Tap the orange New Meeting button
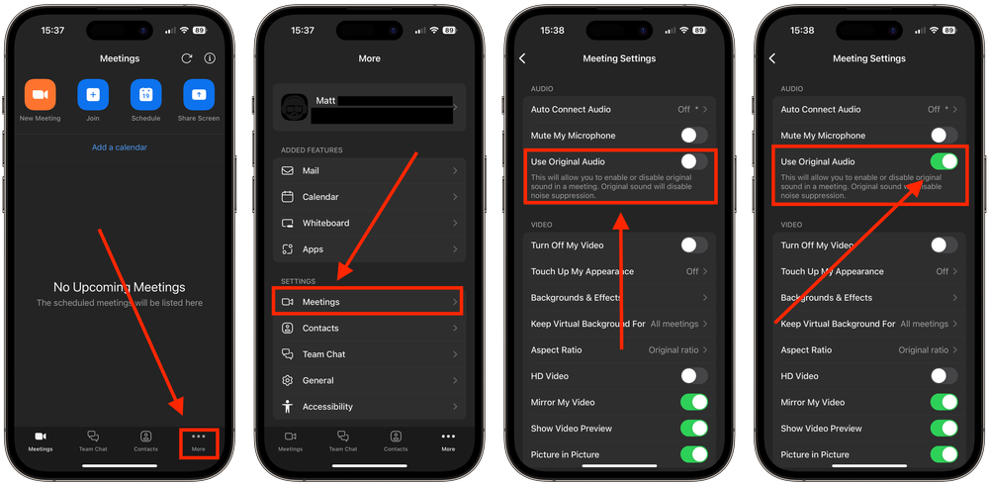tap(41, 95)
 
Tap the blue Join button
tap(93, 95)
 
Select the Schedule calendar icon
tap(145, 95)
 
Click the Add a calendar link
tap(120, 147)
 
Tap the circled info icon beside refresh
tap(210, 58)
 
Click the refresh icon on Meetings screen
tap(186, 58)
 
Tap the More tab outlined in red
tap(199, 440)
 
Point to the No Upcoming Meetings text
tap(120, 287)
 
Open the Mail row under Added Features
tap(369, 170)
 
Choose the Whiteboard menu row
tap(369, 223)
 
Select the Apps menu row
tap(369, 249)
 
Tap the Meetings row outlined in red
tap(369, 302)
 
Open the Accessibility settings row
tap(369, 407)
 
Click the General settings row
tap(369, 380)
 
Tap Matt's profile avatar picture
tap(295, 107)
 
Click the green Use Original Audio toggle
tap(944, 161)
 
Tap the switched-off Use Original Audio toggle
tap(693, 161)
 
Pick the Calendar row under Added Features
tap(369, 197)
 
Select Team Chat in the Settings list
tap(369, 354)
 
